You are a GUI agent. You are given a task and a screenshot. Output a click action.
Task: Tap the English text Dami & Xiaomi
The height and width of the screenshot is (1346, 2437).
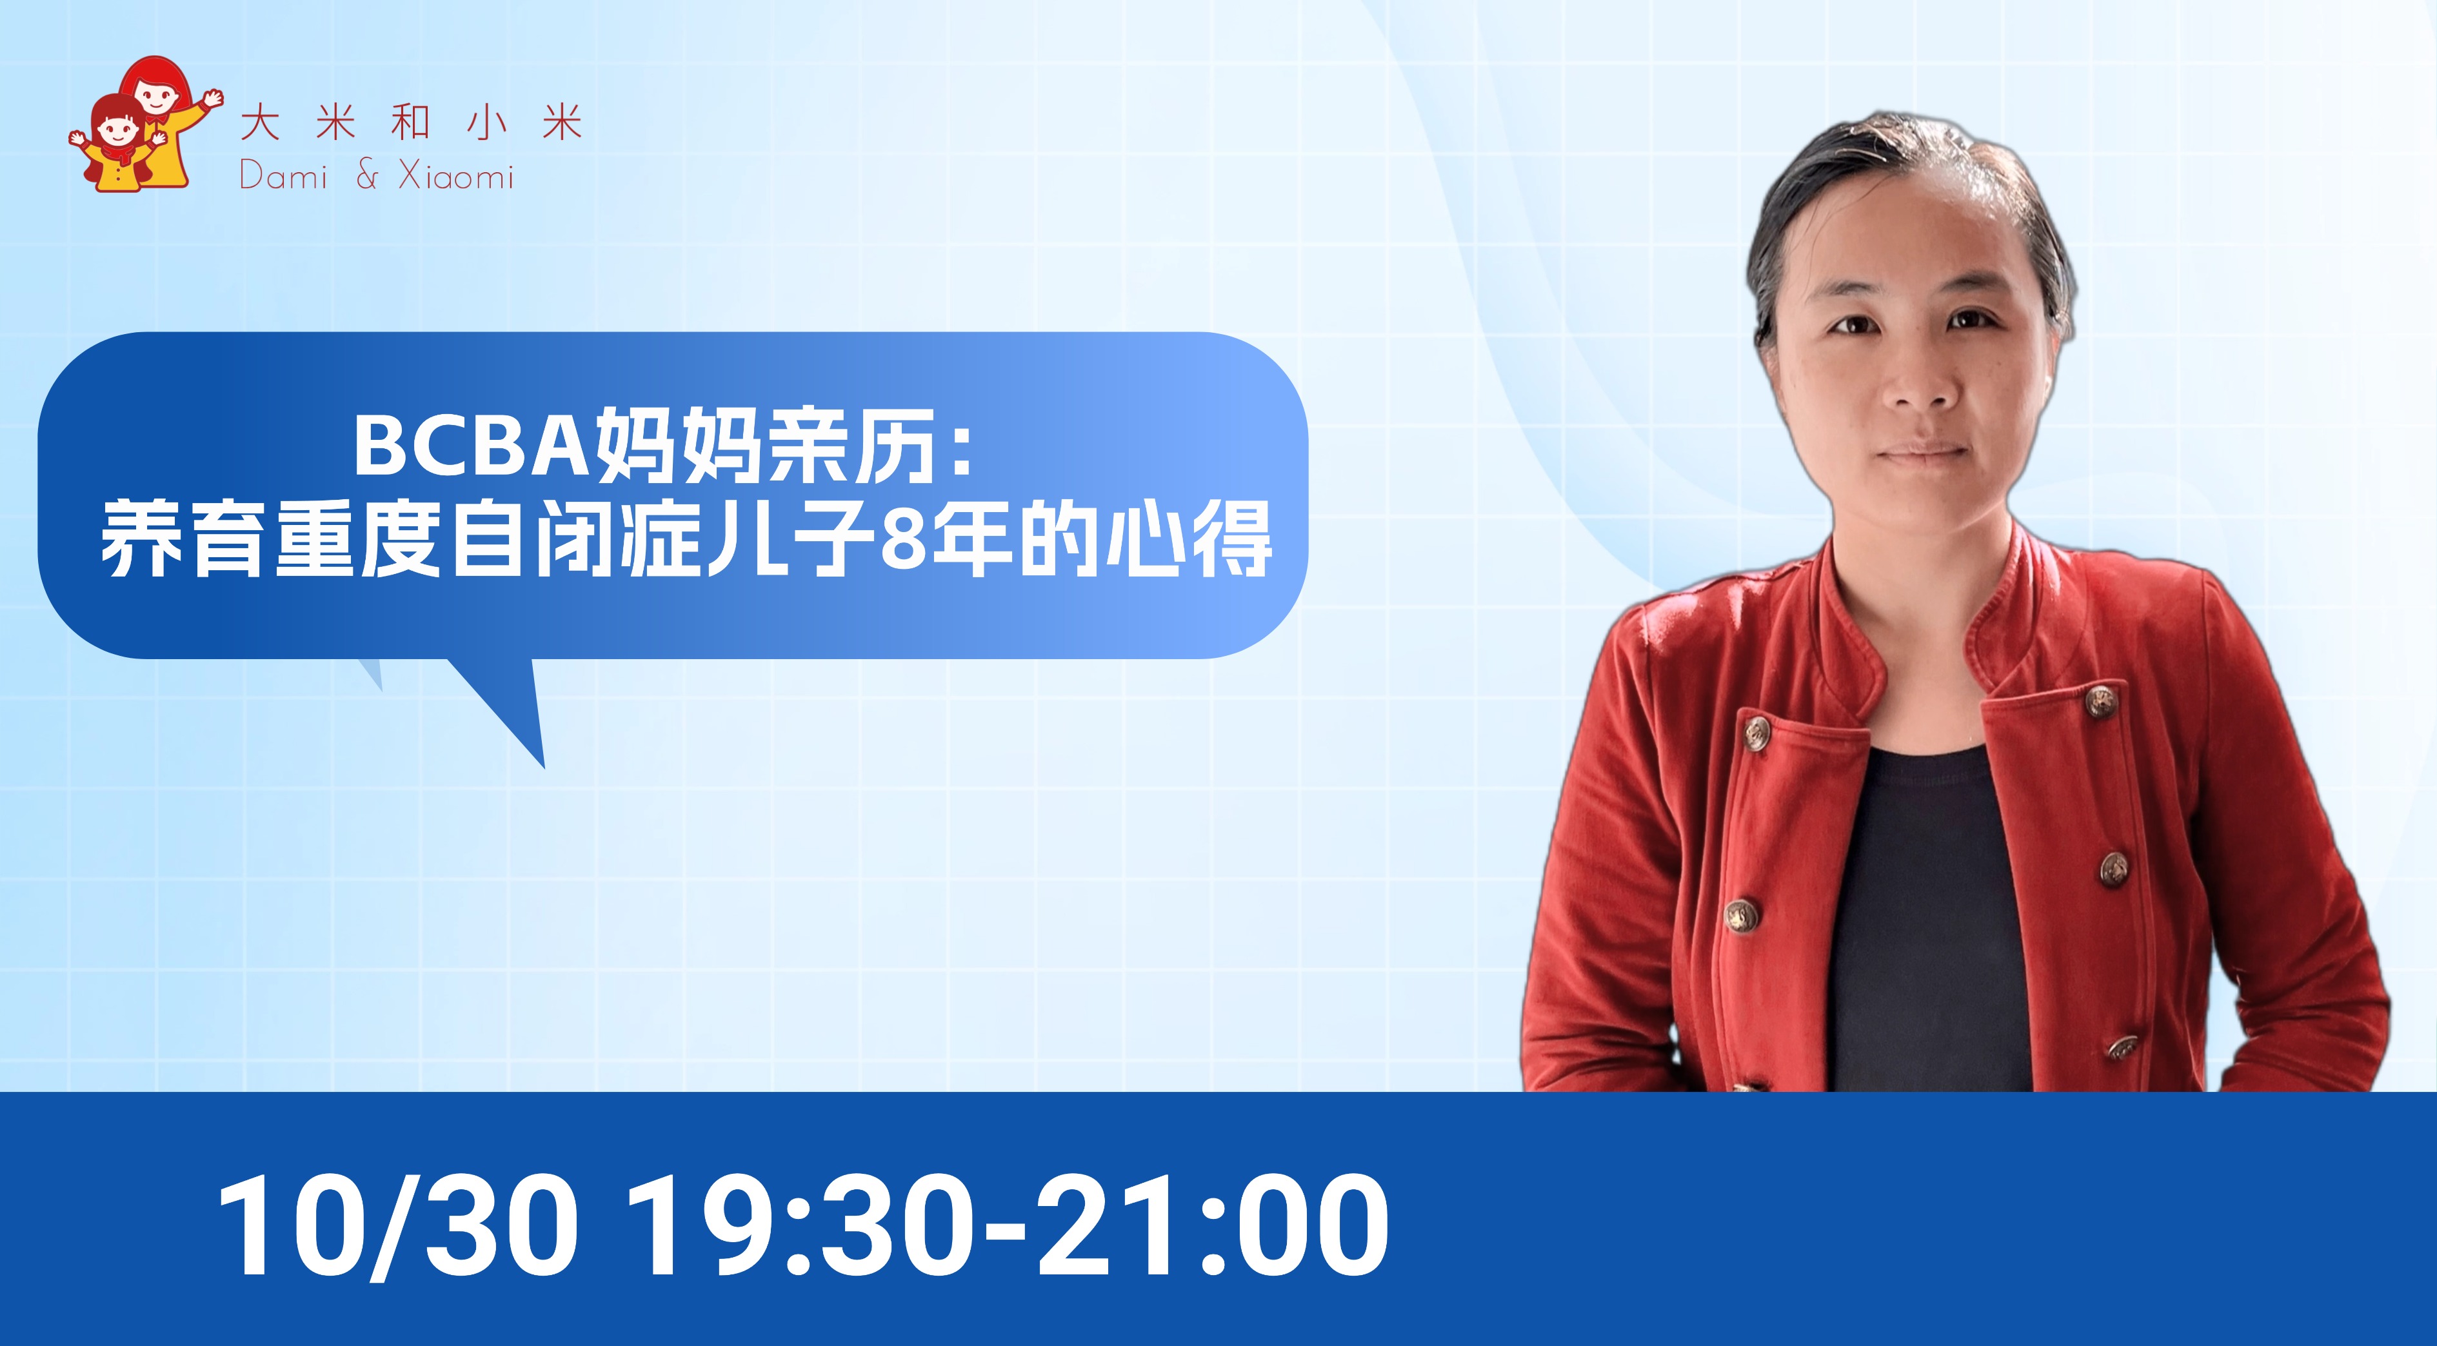click(377, 176)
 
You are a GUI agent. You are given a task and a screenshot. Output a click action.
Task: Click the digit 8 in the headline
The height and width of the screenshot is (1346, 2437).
click(902, 542)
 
